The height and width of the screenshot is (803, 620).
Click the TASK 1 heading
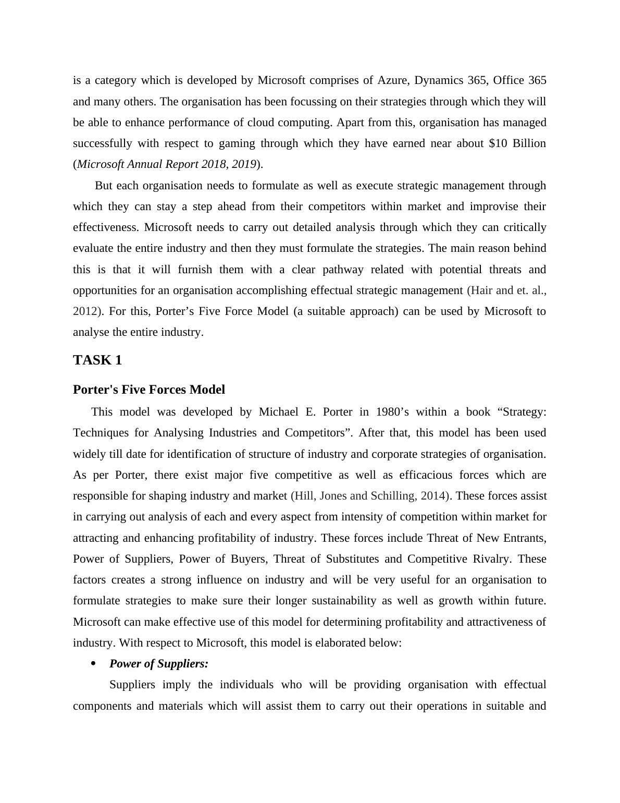coord(97,360)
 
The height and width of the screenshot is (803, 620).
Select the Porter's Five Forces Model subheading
coord(149,390)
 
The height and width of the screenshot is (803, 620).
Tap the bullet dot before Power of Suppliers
coord(94,664)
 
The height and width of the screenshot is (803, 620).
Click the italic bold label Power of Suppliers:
coord(159,664)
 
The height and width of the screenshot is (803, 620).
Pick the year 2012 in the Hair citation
coord(85,311)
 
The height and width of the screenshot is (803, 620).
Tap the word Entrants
coord(523,538)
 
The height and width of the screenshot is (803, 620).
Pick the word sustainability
coord(344,601)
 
